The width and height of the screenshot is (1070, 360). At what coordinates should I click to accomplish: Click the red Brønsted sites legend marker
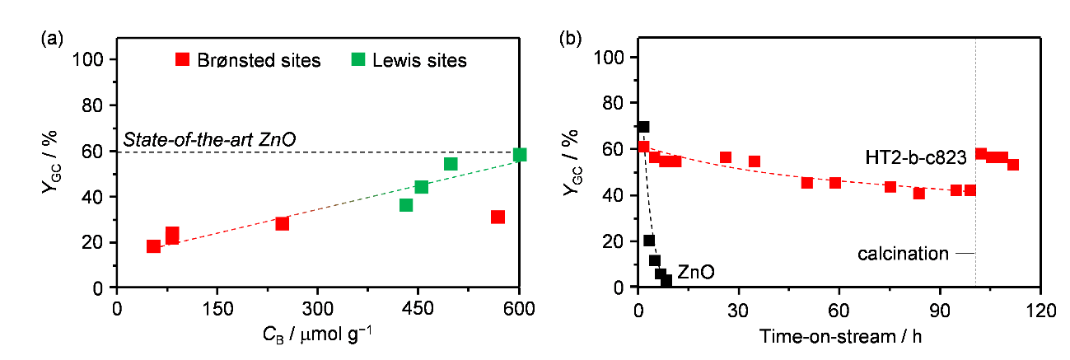[183, 59]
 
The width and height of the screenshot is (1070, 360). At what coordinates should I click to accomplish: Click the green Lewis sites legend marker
[358, 59]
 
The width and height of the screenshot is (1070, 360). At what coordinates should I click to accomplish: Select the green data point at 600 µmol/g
[519, 155]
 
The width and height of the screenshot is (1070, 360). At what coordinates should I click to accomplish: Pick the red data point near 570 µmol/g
[498, 217]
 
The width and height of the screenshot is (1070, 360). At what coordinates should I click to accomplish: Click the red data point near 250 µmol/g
[282, 223]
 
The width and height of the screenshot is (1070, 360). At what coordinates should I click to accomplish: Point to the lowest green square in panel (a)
[406, 204]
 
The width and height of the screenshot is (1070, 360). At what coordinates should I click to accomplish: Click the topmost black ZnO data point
[643, 127]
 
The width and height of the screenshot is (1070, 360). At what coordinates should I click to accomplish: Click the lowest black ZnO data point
[666, 281]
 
